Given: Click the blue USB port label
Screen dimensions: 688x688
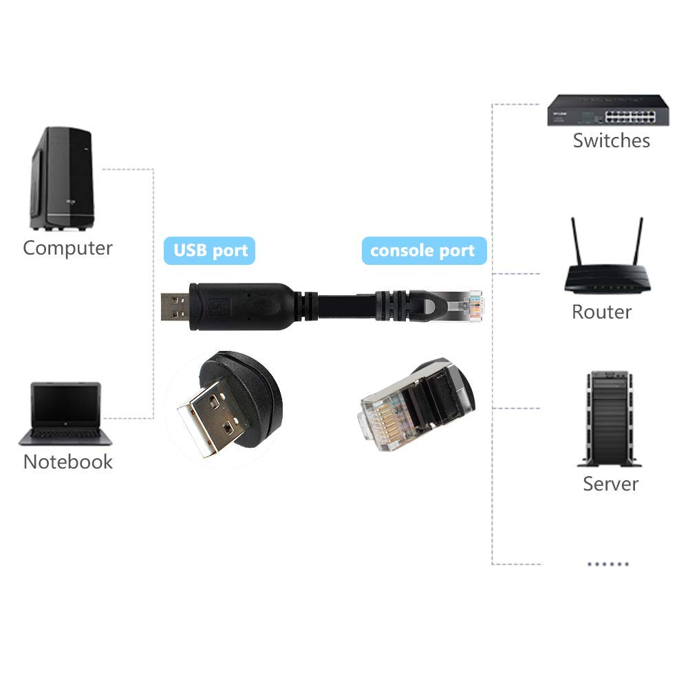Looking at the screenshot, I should pyautogui.click(x=209, y=250).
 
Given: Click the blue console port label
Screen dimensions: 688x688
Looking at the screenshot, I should pyautogui.click(x=423, y=250).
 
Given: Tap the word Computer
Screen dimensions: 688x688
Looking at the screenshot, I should pyautogui.click(x=67, y=248).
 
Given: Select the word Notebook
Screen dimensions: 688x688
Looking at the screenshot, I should pyautogui.click(x=67, y=461).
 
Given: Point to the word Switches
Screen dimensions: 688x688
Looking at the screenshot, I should pyautogui.click(x=611, y=140).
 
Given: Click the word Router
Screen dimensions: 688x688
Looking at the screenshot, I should pyautogui.click(x=601, y=312).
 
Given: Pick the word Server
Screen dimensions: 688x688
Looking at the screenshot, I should pyautogui.click(x=610, y=483).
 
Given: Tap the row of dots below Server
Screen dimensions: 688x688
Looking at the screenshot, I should pyautogui.click(x=608, y=563).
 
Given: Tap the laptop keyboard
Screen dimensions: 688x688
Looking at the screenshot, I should pyautogui.click(x=65, y=435).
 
